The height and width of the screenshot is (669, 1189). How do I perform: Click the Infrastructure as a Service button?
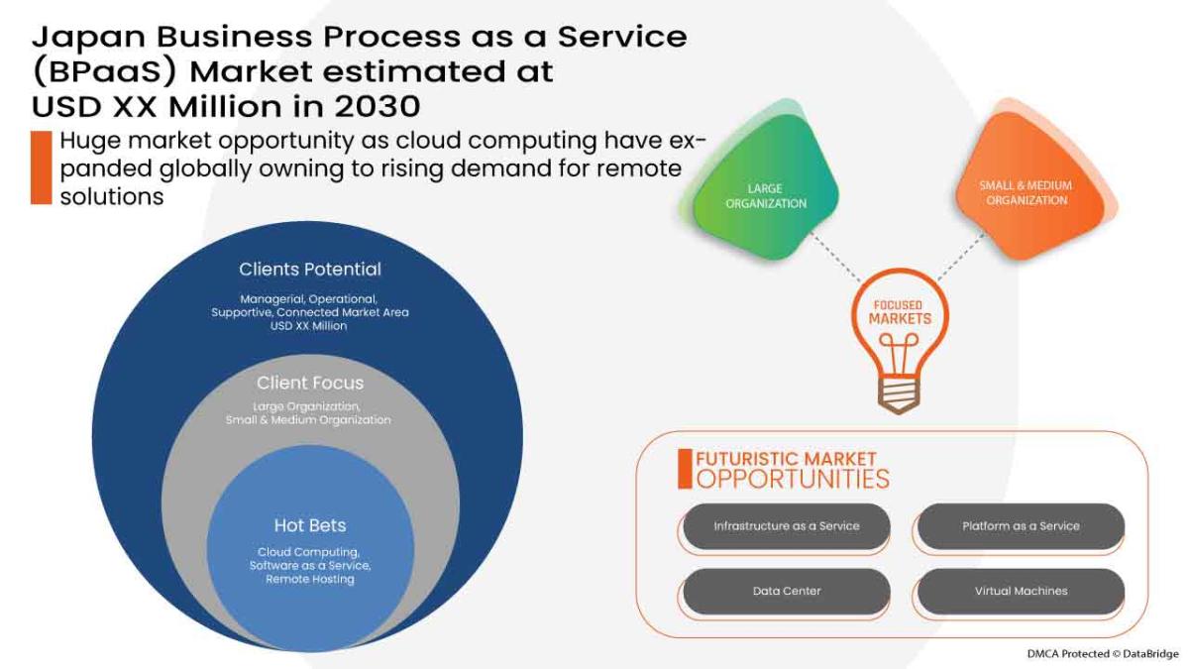coord(786,526)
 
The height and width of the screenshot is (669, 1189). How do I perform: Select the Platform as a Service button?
coord(1021,526)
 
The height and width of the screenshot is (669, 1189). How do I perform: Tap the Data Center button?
coord(786,591)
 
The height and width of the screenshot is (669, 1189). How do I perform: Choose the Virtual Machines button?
coord(1021,591)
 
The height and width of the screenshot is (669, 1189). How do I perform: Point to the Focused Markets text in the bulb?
coord(900,312)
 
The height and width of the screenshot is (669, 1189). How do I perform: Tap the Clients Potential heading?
coord(310,270)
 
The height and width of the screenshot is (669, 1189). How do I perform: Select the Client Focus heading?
coord(310,384)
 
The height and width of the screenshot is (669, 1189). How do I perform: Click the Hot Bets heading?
coord(310,525)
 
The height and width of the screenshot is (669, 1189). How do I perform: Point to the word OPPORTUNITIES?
coord(793,480)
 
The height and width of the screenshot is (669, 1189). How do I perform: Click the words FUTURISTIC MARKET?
coord(786,459)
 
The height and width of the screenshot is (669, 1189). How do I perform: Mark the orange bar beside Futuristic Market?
coord(684,469)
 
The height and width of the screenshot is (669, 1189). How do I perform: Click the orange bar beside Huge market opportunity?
coord(41,167)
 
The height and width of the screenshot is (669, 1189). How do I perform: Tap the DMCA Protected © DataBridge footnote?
coord(1103,654)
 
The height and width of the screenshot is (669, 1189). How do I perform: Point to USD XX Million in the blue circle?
coord(310,326)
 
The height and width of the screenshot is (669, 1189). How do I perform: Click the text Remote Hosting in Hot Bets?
coord(310,579)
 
